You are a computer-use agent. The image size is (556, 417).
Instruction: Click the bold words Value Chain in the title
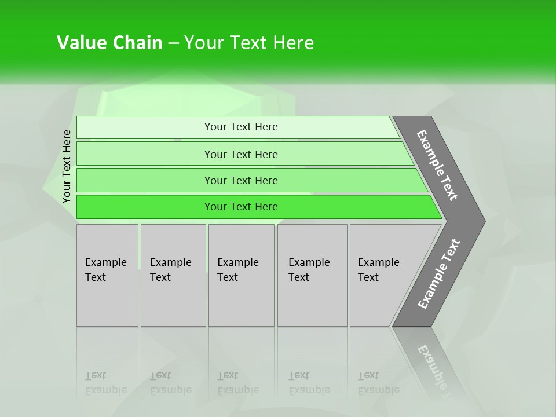pyautogui.click(x=109, y=43)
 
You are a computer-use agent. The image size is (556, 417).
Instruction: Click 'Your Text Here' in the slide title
pyautogui.click(x=249, y=43)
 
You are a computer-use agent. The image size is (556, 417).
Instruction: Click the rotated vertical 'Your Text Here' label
pyautogui.click(x=67, y=166)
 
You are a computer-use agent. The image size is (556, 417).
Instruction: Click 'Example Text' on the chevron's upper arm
pyautogui.click(x=437, y=165)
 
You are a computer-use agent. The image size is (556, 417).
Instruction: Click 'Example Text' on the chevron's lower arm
pyautogui.click(x=439, y=274)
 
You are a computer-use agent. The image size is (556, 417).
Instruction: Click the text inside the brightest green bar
pyautogui.click(x=241, y=207)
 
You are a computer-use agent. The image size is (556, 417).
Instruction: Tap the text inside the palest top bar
pyautogui.click(x=241, y=127)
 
